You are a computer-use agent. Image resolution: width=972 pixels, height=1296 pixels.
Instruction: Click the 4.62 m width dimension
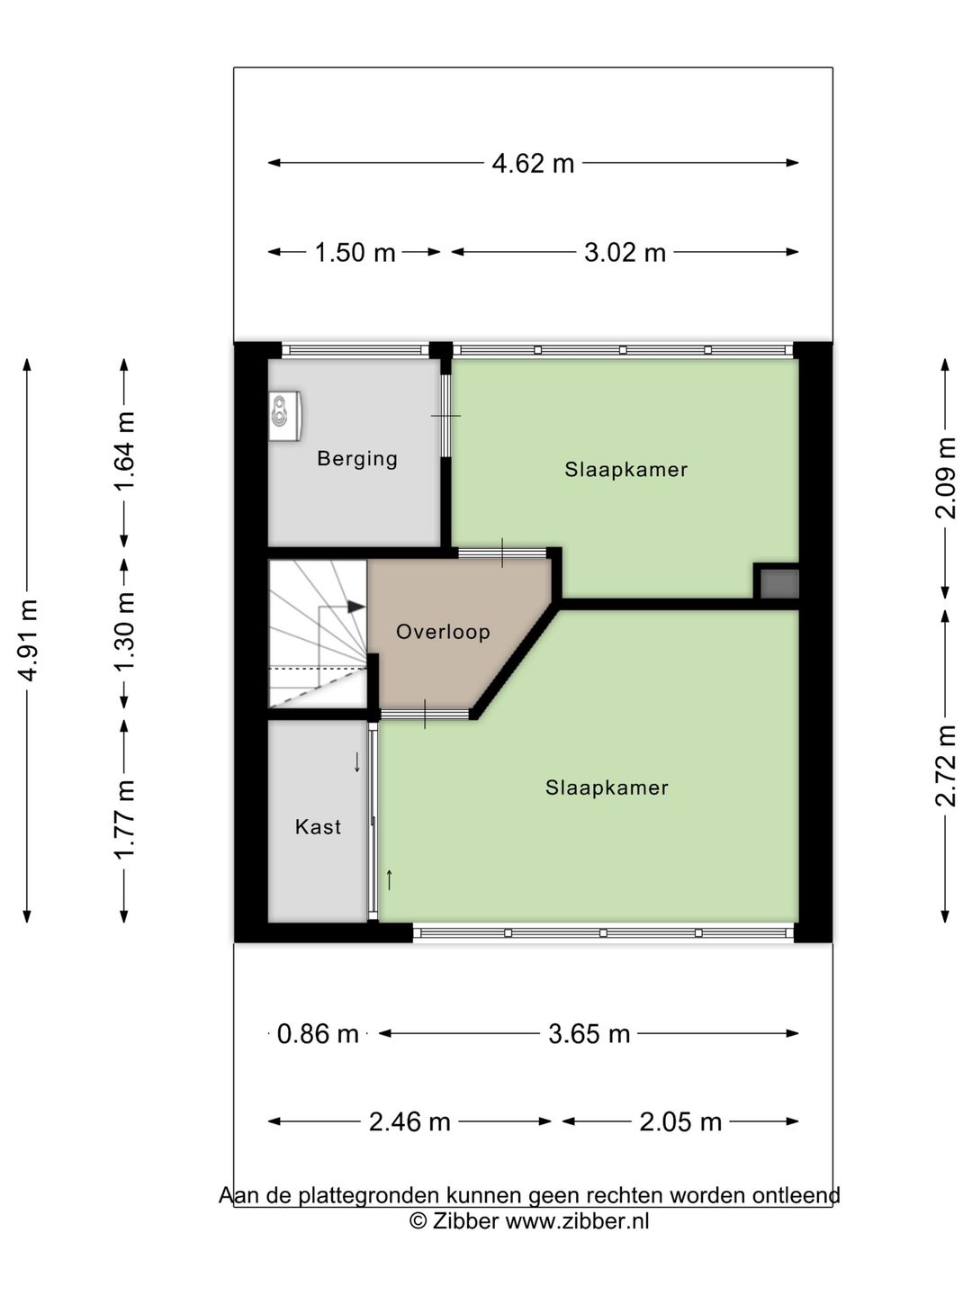[533, 164]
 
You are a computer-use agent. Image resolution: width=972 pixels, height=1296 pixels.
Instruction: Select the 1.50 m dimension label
[355, 253]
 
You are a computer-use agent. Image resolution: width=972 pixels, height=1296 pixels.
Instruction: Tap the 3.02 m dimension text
[625, 253]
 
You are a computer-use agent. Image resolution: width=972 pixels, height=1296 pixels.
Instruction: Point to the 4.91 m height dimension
[28, 640]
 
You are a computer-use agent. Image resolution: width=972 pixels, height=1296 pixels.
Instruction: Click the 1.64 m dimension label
[125, 451]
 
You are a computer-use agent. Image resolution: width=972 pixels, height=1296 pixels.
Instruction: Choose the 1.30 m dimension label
[125, 633]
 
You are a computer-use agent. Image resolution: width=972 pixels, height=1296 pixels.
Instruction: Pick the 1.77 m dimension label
[125, 820]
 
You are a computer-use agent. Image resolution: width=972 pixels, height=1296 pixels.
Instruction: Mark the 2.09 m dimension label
[945, 478]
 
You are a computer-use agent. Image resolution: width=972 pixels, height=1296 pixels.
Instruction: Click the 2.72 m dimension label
[945, 767]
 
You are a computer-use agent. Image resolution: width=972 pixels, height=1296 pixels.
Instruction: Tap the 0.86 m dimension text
[318, 1034]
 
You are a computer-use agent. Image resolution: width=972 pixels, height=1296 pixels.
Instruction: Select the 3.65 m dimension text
[589, 1034]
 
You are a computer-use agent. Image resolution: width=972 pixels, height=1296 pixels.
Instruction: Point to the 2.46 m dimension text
[409, 1121]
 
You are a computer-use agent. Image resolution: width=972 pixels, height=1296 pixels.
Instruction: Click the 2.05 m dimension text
[680, 1121]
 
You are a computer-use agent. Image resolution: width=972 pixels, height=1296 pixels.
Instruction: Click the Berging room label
[357, 459]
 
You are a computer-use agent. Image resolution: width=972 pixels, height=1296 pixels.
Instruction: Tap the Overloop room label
[443, 632]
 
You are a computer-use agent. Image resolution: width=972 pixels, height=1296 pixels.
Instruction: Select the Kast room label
[318, 826]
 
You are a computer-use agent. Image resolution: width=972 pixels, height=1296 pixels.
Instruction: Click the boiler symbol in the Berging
[285, 416]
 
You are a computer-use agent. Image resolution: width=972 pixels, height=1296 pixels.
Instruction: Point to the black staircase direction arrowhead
[355, 607]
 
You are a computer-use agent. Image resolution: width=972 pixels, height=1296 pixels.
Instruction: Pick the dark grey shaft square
[779, 583]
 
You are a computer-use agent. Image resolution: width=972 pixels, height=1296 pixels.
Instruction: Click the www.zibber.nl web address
[577, 1220]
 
